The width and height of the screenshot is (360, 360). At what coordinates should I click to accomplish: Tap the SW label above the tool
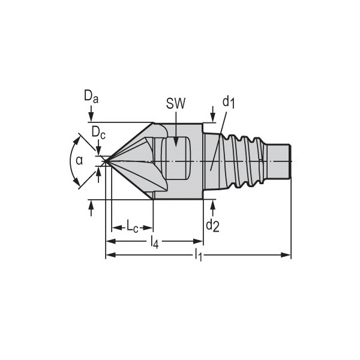click(176, 103)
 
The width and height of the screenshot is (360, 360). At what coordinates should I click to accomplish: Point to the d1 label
click(229, 102)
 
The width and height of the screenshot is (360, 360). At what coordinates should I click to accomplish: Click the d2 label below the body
click(212, 225)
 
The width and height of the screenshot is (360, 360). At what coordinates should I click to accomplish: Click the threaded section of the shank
click(240, 161)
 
